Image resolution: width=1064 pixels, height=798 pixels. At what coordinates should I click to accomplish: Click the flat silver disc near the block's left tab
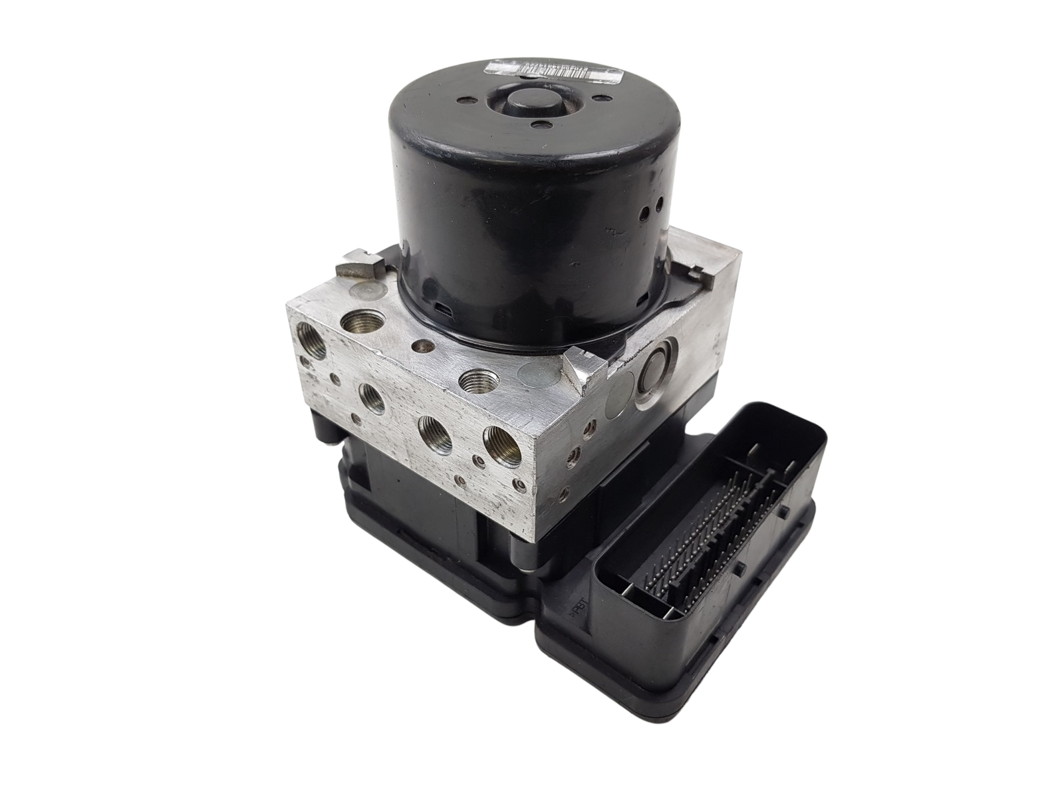[x=368, y=290]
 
